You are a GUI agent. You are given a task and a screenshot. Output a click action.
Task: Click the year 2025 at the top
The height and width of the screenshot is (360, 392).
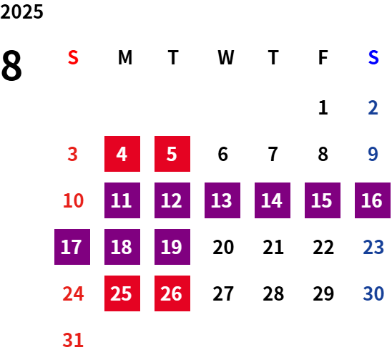[x=21, y=12]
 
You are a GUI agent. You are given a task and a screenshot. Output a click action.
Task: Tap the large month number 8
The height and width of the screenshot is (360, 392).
[x=11, y=66]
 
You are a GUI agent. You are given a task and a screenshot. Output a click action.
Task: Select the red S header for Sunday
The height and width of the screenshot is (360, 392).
[x=73, y=57]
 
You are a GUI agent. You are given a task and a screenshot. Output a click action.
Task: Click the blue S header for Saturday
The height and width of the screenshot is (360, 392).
[x=373, y=57]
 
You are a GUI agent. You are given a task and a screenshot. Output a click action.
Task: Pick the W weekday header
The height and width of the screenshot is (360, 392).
[x=226, y=57]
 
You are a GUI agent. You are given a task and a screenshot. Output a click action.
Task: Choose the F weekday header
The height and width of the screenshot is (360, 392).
[x=323, y=57]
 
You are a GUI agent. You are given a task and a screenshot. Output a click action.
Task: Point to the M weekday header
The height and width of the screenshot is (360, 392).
[x=125, y=57]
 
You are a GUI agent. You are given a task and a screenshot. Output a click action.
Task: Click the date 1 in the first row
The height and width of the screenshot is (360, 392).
[x=323, y=107]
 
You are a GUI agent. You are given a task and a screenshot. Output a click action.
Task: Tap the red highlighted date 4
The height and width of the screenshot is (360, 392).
[x=122, y=154]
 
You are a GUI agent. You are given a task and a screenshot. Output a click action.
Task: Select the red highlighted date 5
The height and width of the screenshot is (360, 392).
[x=172, y=154]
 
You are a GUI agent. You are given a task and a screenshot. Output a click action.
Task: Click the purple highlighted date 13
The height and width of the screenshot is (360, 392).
[x=222, y=200]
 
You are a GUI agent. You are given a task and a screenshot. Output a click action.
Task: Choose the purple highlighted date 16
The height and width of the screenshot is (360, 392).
[x=373, y=200]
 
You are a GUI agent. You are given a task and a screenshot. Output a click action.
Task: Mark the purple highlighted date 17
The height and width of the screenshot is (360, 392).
[x=72, y=247]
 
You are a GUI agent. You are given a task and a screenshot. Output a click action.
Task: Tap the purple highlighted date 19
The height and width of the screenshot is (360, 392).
[x=172, y=247]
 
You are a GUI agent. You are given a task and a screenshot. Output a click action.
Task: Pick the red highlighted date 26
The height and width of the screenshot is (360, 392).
[x=172, y=293]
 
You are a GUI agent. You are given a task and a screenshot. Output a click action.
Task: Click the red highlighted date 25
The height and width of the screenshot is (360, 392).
[x=122, y=293]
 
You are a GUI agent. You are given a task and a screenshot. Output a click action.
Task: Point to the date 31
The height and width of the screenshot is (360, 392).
[x=73, y=340]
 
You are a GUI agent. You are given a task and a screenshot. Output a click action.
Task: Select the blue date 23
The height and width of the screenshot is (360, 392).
[x=373, y=247]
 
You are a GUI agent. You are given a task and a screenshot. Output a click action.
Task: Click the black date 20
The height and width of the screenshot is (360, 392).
[x=223, y=247]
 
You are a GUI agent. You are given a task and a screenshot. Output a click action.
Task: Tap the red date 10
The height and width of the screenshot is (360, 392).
[x=73, y=200]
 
